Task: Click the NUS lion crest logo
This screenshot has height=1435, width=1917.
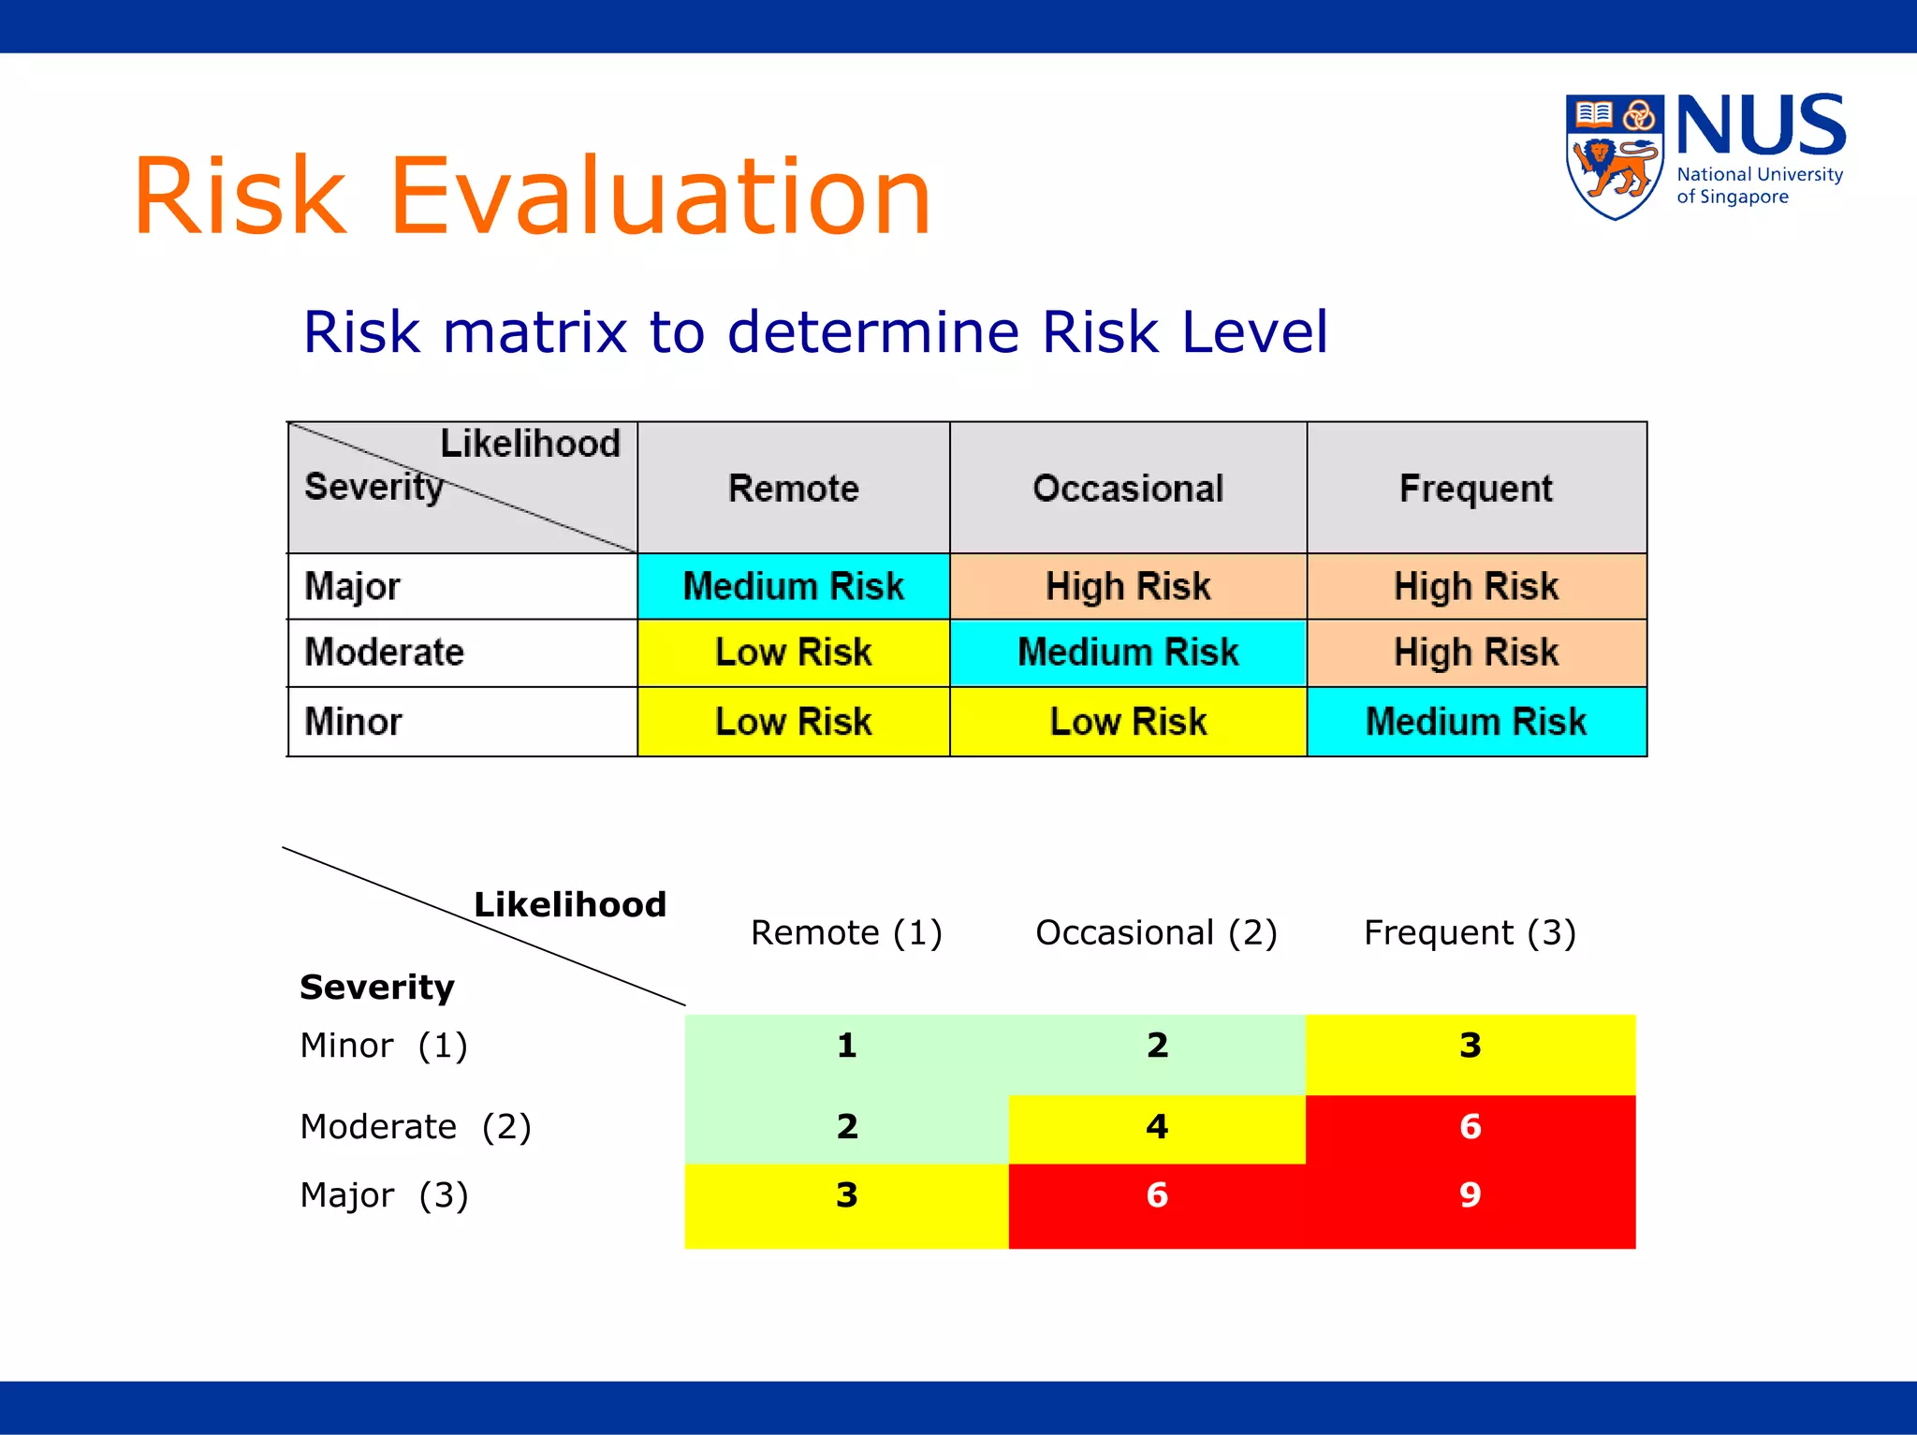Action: click(x=1614, y=156)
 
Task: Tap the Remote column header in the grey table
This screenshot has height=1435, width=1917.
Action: click(x=793, y=488)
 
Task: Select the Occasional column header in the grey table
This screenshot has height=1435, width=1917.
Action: click(x=1128, y=488)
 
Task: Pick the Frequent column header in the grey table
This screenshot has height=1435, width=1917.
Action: click(x=1475, y=488)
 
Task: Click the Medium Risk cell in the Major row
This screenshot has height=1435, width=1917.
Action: click(x=793, y=586)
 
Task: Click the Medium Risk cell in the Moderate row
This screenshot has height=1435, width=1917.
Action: click(x=1128, y=652)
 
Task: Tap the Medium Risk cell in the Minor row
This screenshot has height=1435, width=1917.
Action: click(x=1475, y=722)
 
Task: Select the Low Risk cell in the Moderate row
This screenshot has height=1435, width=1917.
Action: click(x=793, y=652)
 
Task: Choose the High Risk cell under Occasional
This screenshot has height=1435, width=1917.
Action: click(x=1128, y=586)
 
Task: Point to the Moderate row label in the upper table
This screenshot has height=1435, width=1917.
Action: click(x=385, y=652)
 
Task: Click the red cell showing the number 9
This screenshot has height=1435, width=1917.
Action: click(x=1470, y=1195)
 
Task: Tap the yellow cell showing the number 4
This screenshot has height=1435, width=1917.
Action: click(x=1157, y=1126)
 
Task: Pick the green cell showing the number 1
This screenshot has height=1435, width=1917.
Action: click(x=846, y=1046)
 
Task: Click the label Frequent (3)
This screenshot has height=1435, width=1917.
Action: click(x=1470, y=932)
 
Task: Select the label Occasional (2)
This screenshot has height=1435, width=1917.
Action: click(x=1156, y=932)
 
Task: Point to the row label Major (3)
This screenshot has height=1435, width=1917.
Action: click(x=384, y=1195)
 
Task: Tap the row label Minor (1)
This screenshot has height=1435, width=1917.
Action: click(x=384, y=1046)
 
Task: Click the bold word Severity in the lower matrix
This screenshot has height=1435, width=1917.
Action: click(x=376, y=988)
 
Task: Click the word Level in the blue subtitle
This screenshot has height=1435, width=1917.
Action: click(x=1254, y=332)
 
